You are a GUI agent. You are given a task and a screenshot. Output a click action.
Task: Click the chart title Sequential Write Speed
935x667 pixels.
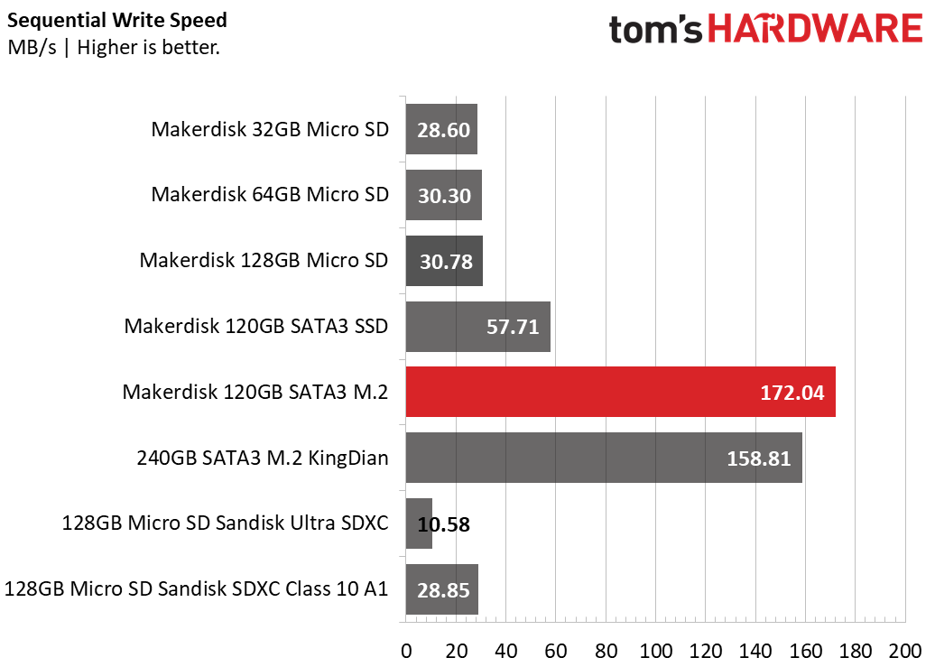click(117, 20)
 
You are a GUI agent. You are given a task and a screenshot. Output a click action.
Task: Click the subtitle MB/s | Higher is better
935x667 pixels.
click(114, 48)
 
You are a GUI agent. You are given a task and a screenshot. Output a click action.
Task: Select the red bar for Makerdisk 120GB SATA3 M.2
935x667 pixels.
click(620, 392)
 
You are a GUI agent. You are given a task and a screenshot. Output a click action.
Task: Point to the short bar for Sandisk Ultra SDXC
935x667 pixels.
click(419, 523)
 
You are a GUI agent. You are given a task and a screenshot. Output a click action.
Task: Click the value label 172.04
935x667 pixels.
click(793, 393)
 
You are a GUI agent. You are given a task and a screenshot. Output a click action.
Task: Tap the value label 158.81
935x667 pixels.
click(759, 459)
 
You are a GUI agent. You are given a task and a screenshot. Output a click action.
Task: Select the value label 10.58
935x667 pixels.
click(444, 524)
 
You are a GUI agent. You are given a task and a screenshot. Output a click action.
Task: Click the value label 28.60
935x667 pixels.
click(443, 129)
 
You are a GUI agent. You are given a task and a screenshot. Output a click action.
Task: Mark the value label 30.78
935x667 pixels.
click(446, 261)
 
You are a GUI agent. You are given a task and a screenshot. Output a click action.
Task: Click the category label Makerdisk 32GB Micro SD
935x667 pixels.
click(270, 128)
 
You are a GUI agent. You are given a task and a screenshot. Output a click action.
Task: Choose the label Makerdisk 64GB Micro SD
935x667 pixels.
click(270, 194)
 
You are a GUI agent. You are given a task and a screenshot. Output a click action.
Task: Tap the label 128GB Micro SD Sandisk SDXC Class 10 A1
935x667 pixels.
click(197, 589)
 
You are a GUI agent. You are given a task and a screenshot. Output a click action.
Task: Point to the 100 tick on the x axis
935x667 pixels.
click(655, 651)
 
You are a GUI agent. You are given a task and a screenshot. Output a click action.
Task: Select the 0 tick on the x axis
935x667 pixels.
click(406, 651)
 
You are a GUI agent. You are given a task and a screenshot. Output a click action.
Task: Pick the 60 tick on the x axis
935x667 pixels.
click(555, 651)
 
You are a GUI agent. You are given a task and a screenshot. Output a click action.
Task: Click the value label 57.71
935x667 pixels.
click(513, 327)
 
